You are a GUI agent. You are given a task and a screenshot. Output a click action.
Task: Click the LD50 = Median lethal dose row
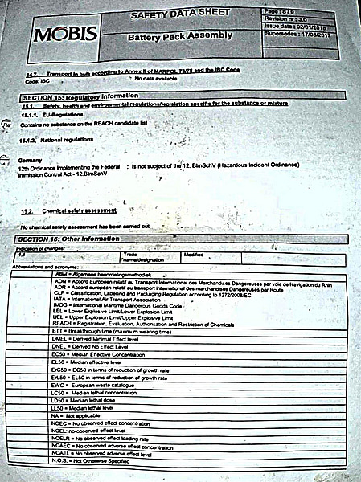89,400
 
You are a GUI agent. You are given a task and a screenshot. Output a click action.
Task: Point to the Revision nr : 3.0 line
306,18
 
